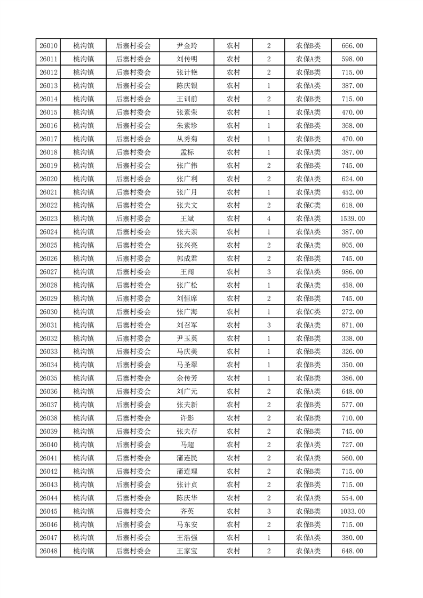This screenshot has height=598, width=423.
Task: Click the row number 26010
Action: point(49,46)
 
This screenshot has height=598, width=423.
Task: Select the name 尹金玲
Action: point(187,46)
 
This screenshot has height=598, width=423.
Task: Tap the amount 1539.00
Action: point(352,219)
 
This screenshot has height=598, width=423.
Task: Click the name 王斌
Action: point(187,219)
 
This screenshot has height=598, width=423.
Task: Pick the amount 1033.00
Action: point(352,511)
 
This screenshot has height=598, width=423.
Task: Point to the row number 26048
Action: point(49,551)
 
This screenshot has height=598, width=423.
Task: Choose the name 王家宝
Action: point(187,551)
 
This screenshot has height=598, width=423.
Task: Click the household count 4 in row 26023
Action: point(268,219)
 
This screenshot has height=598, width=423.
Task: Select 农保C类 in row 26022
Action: point(308,205)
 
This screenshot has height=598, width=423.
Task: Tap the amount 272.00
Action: point(352,312)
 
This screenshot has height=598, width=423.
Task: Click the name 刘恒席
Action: point(187,298)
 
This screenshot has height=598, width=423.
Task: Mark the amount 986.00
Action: point(352,272)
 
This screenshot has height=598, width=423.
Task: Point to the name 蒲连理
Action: point(187,471)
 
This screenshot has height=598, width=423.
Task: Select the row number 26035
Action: point(49,378)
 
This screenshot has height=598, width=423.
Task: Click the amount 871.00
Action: point(352,325)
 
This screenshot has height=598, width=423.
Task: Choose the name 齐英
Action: point(187,511)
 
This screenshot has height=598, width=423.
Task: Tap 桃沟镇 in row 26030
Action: point(83,312)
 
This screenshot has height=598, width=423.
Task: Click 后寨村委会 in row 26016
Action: point(133,125)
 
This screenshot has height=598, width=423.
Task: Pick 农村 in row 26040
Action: point(233,445)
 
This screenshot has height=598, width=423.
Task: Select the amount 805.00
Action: point(352,245)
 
